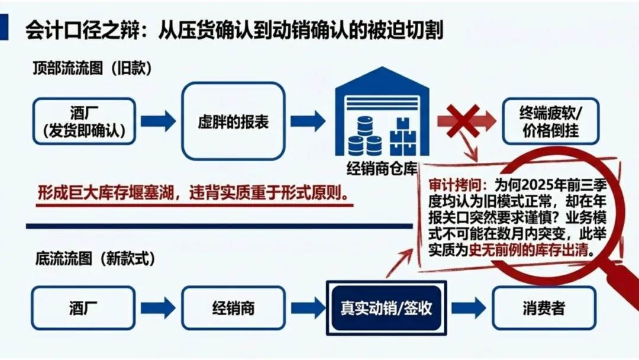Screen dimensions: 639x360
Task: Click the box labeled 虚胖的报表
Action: [x=233, y=121]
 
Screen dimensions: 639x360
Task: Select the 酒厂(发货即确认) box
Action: [x=84, y=121]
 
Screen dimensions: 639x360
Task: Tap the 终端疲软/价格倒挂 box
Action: [x=551, y=121]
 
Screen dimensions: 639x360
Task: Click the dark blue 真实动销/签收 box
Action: [x=386, y=308]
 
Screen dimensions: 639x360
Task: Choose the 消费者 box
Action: [x=544, y=308]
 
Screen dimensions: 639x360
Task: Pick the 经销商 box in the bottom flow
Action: [x=233, y=308]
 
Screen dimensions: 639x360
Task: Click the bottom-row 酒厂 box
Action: [x=83, y=308]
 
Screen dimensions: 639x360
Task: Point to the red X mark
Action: [x=463, y=121]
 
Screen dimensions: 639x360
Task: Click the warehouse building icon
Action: [x=382, y=111]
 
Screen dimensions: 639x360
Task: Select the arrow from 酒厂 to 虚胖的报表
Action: [x=158, y=121]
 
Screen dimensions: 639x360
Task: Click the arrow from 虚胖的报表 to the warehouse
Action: [x=308, y=121]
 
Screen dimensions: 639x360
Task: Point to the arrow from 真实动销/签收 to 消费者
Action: [x=469, y=308]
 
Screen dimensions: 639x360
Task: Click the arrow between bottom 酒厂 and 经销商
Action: [x=158, y=308]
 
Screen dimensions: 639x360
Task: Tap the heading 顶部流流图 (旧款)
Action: [x=92, y=68]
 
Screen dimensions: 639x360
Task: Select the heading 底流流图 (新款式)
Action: [x=95, y=259]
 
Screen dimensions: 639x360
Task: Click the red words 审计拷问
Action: [x=457, y=185]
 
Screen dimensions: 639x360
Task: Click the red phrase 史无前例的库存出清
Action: [x=529, y=250]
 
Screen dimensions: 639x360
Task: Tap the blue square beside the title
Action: [x=4, y=27]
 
